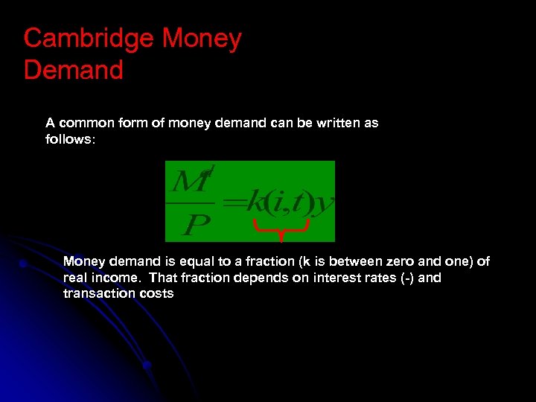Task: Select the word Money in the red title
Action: [x=202, y=39]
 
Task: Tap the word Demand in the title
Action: [x=73, y=71]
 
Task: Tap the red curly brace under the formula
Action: [x=281, y=230]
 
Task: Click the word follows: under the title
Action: [x=71, y=139]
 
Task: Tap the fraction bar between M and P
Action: [x=190, y=201]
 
